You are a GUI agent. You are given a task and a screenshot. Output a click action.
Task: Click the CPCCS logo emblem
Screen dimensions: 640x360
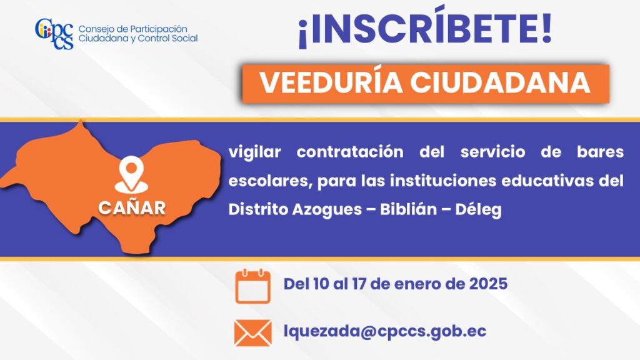click(54, 34)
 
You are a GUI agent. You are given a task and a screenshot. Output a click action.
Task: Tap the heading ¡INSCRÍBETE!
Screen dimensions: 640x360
click(425, 29)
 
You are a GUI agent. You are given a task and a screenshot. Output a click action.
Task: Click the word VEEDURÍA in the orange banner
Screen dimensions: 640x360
click(331, 83)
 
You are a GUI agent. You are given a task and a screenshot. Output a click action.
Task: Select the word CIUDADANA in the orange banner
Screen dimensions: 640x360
click(500, 83)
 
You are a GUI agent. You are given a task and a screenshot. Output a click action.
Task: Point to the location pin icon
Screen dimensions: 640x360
click(131, 176)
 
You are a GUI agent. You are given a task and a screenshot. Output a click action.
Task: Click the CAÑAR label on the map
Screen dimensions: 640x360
click(132, 208)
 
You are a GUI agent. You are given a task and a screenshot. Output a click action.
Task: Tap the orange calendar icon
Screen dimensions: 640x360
click(252, 286)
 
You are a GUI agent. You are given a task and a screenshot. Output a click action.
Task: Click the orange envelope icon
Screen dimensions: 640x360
click(252, 333)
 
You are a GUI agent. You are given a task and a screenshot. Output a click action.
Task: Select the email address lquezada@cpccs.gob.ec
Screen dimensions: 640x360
click(385, 331)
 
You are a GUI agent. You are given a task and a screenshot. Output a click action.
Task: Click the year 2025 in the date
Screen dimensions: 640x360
click(488, 284)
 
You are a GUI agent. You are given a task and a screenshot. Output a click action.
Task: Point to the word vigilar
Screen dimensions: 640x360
click(255, 152)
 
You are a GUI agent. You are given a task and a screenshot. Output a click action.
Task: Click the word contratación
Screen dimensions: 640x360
click(350, 152)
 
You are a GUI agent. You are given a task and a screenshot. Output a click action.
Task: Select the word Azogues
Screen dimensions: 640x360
click(327, 210)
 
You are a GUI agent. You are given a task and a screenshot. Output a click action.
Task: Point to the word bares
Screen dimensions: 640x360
click(601, 152)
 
